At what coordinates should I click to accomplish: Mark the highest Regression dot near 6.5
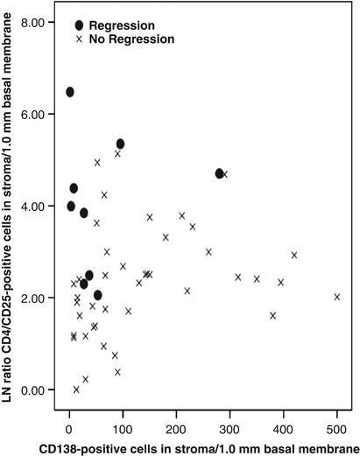tap(69, 92)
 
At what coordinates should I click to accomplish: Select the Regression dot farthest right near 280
tap(220, 173)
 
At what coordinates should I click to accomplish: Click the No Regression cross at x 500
tap(337, 297)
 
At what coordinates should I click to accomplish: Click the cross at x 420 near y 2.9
tap(294, 255)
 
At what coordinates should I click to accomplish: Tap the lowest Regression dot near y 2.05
tap(98, 295)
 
